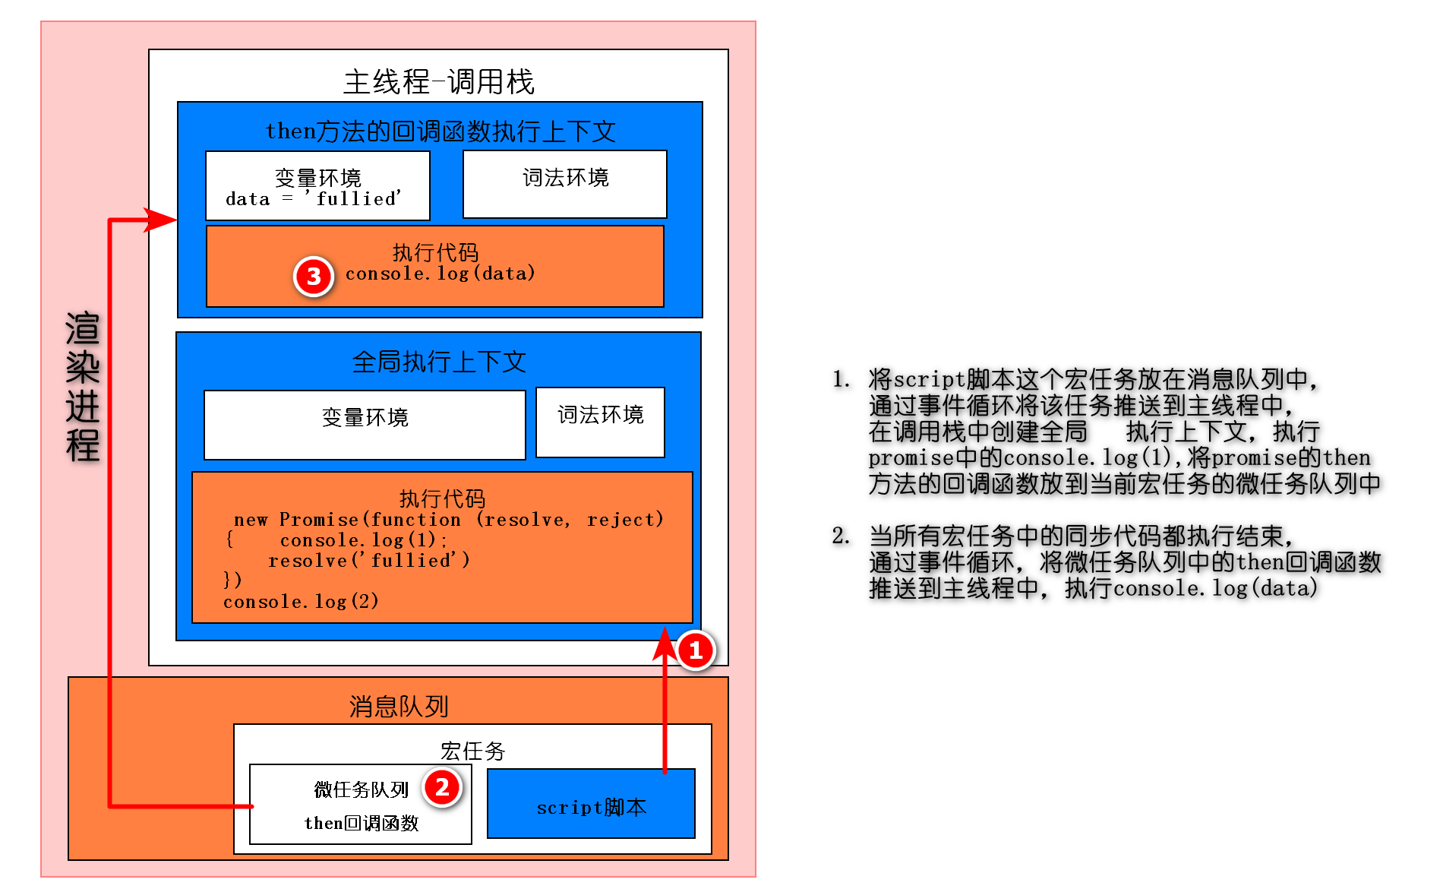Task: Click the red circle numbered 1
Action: click(695, 650)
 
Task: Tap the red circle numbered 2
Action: click(442, 787)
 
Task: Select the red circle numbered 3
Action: click(314, 277)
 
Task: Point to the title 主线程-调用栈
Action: click(438, 82)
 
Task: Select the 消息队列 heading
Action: click(399, 707)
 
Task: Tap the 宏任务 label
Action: click(472, 751)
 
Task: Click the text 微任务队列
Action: click(361, 789)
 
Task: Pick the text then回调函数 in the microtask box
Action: click(362, 823)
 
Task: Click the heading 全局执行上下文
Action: click(439, 362)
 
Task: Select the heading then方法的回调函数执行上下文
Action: click(440, 131)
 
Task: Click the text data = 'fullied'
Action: click(313, 199)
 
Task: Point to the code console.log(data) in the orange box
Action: click(440, 274)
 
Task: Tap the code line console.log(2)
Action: click(301, 602)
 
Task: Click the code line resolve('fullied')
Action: click(369, 561)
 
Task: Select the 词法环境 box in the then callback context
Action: click(565, 183)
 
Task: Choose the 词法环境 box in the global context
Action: click(600, 422)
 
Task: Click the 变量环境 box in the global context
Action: click(365, 424)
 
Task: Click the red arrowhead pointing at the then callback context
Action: click(161, 220)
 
